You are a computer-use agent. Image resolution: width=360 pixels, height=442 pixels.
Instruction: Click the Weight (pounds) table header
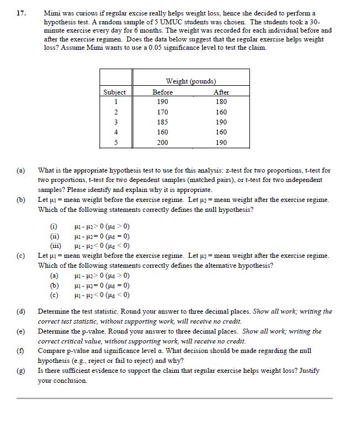click(x=191, y=82)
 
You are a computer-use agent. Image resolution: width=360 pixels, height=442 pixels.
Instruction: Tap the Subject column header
click(x=114, y=92)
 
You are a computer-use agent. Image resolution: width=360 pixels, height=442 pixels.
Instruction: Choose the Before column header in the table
click(x=162, y=92)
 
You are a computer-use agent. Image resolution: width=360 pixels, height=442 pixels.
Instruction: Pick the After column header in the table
click(x=221, y=92)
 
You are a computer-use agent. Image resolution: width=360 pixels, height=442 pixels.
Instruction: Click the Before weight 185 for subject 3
click(x=162, y=122)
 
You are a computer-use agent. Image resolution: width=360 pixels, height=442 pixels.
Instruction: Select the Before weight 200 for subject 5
click(x=162, y=142)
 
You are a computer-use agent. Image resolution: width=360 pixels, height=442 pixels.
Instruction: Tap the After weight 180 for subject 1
click(x=221, y=102)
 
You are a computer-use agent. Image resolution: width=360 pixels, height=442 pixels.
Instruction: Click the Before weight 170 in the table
click(x=162, y=112)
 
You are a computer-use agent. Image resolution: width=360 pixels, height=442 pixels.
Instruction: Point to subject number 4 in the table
click(x=114, y=132)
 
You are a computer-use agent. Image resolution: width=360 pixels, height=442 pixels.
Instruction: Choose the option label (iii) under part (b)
click(x=55, y=245)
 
